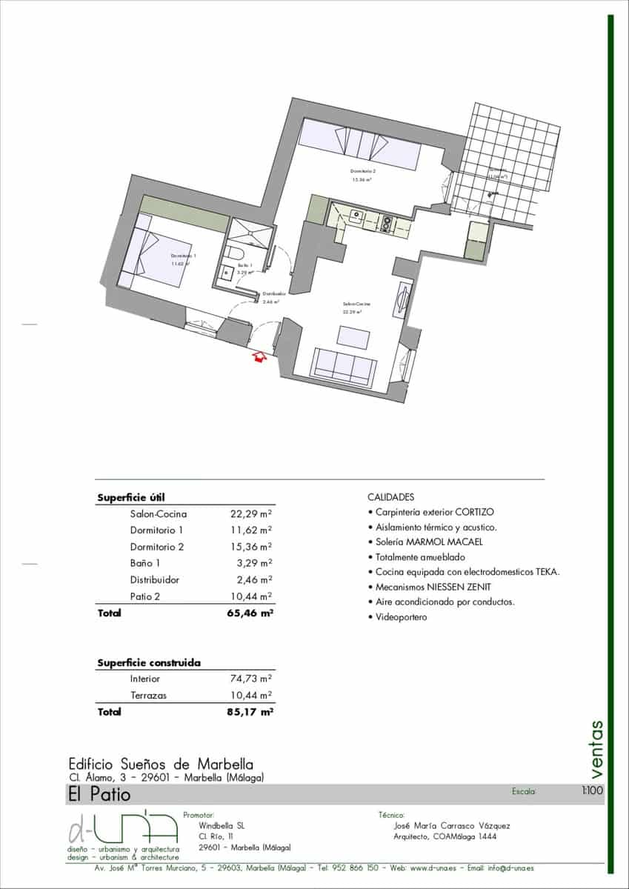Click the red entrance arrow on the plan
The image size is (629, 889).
pos(259,358)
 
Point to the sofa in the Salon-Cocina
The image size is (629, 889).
pos(342,366)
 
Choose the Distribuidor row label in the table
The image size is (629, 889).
pos(155,580)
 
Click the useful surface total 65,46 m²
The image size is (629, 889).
pos(250,613)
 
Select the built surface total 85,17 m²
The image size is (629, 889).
pos(250,712)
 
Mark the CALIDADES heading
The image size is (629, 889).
pos(391,497)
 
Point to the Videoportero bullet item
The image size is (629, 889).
pos(400,617)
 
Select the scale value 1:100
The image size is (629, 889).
pos(593,791)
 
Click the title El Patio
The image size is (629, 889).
pos(99,795)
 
